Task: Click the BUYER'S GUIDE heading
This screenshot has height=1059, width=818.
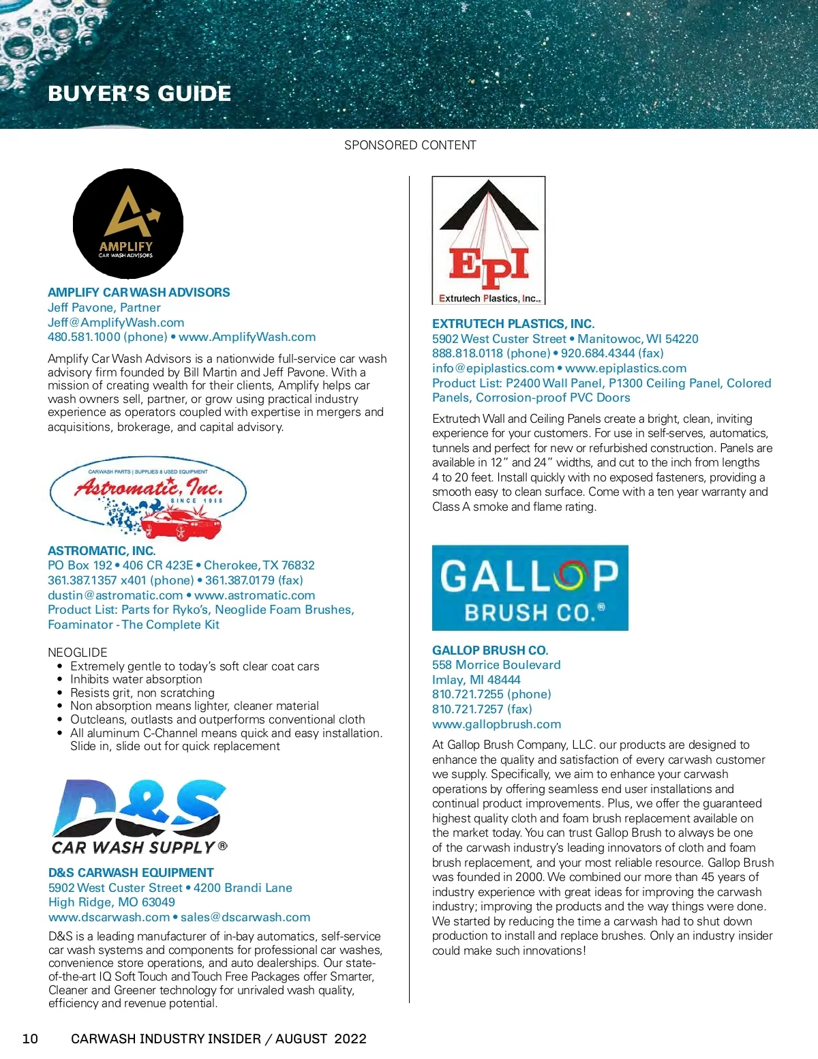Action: [x=140, y=93]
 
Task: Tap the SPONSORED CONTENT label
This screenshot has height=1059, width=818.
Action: [x=410, y=145]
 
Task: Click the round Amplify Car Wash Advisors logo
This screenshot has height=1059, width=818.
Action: [x=128, y=224]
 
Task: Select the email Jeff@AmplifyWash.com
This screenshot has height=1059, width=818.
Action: [x=116, y=323]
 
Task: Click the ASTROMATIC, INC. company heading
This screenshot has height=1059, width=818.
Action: [x=102, y=550]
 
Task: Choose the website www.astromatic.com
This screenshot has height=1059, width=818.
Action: [x=254, y=595]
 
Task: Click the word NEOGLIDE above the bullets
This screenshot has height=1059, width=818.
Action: [x=78, y=652]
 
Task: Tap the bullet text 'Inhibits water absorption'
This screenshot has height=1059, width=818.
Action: [x=136, y=679]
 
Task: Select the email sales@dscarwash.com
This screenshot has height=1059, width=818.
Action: [x=245, y=917]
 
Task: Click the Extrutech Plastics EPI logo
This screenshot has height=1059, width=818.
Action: [x=489, y=240]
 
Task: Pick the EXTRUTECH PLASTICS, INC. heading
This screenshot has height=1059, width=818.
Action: [x=513, y=323]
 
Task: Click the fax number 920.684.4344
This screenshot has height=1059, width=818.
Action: [x=612, y=353]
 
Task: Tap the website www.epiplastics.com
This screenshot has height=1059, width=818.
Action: [x=626, y=368]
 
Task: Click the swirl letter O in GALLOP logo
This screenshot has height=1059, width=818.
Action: [x=571, y=577]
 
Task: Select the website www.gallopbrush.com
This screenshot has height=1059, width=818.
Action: [x=496, y=724]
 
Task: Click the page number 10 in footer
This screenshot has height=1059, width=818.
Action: [x=31, y=1039]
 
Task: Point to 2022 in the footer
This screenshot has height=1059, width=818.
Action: [x=350, y=1039]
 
